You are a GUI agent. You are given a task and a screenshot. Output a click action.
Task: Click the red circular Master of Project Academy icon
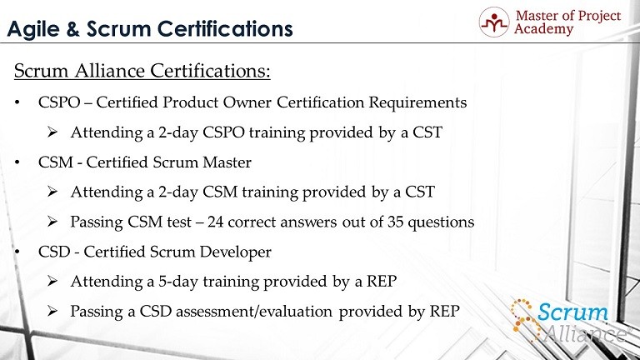click(x=494, y=22)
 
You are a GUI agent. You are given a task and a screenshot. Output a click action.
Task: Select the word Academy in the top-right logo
click(x=543, y=29)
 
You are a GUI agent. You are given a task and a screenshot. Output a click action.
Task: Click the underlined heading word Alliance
click(x=110, y=71)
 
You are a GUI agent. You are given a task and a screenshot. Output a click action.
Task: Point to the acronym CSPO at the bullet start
click(x=59, y=102)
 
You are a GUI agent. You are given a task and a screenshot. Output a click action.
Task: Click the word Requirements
click(x=417, y=102)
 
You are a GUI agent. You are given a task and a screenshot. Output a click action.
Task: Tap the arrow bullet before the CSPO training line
click(x=52, y=132)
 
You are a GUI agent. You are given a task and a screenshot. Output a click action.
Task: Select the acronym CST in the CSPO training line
click(x=427, y=132)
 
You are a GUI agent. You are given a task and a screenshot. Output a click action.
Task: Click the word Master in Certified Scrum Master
click(x=227, y=162)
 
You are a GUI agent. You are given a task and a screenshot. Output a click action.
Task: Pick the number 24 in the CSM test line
click(x=215, y=222)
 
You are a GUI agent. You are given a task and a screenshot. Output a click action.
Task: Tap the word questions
click(x=441, y=222)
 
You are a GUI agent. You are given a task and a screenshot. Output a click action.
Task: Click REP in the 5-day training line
click(x=382, y=281)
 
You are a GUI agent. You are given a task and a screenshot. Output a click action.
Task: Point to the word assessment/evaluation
click(x=254, y=312)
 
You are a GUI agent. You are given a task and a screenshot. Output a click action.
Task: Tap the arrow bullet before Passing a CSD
click(x=52, y=311)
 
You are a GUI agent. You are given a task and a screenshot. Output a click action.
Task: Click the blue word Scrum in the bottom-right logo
click(x=572, y=312)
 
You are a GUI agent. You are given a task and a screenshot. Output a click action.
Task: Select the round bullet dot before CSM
click(x=17, y=162)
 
